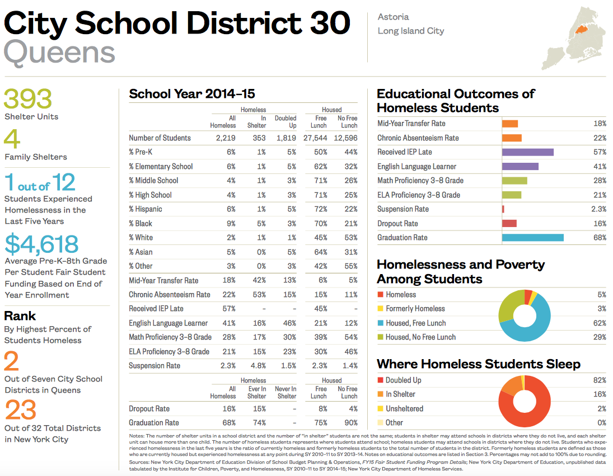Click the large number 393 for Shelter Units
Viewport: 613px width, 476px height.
click(x=29, y=100)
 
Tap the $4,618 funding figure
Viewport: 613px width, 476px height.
click(x=41, y=244)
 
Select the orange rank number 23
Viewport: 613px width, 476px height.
click(x=21, y=410)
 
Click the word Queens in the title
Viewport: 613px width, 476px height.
click(x=59, y=52)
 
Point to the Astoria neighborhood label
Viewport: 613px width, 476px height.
click(x=393, y=17)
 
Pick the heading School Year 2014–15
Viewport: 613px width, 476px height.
click(x=192, y=93)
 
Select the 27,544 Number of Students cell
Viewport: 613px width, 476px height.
click(x=315, y=138)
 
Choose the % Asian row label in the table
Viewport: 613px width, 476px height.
click(x=141, y=252)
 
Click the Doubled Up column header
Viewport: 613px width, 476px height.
click(x=286, y=122)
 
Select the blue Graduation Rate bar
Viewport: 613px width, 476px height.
click(x=532, y=238)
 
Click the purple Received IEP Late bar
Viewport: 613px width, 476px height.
click(x=527, y=152)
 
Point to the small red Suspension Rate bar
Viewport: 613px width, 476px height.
click(x=503, y=209)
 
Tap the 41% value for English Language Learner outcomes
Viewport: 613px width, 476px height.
click(x=600, y=166)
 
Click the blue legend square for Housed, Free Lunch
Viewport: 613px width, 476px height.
click(x=381, y=323)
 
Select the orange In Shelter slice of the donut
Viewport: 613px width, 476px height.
click(x=511, y=387)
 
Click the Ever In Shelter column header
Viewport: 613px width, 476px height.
click(x=257, y=392)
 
